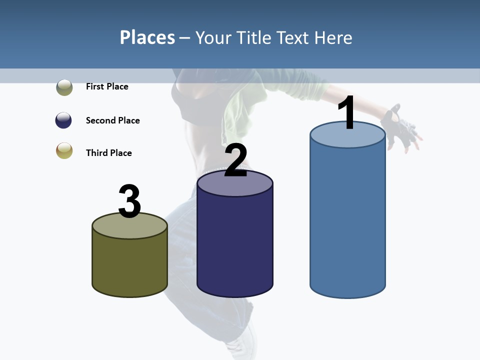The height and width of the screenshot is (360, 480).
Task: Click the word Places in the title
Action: (147, 37)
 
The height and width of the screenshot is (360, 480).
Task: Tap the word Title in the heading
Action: (253, 37)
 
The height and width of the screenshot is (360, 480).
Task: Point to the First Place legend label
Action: (107, 86)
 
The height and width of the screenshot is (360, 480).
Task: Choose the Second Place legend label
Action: (112, 120)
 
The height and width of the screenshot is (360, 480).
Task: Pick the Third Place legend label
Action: (108, 153)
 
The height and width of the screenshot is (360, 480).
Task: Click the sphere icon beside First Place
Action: (64, 87)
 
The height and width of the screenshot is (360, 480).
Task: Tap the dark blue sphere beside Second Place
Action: (63, 120)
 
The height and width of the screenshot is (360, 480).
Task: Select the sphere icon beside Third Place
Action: (64, 150)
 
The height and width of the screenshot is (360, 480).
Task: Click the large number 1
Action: (346, 113)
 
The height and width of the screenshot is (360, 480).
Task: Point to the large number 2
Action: (235, 160)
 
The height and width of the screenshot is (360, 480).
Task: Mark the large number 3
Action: (129, 201)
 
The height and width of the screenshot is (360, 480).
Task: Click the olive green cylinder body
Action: (130, 265)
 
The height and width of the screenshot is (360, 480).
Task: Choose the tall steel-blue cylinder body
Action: (347, 220)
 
